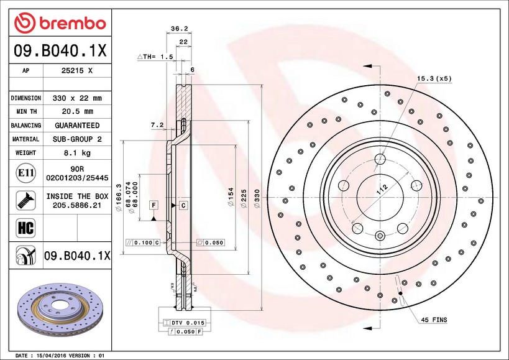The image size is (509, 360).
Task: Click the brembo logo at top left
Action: [x=60, y=23]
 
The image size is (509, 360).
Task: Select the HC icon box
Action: [x=25, y=228]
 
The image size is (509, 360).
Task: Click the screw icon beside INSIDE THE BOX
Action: [x=25, y=200]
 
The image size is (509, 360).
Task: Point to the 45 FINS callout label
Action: [x=434, y=320]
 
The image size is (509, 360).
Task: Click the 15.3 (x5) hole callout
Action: [x=434, y=79]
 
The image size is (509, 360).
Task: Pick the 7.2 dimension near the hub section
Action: [x=157, y=125]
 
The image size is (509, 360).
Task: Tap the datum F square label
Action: [x=153, y=205]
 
